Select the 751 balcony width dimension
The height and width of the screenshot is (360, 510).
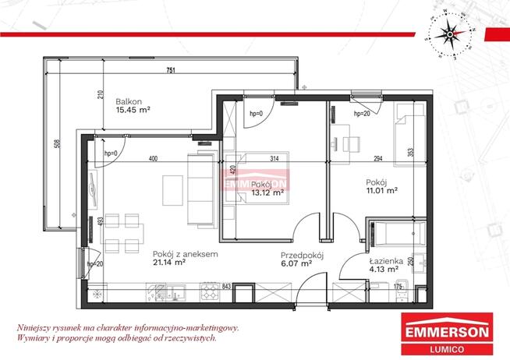170,70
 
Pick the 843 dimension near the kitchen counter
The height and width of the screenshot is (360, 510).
227,285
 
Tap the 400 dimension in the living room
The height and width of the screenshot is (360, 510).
154,159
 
